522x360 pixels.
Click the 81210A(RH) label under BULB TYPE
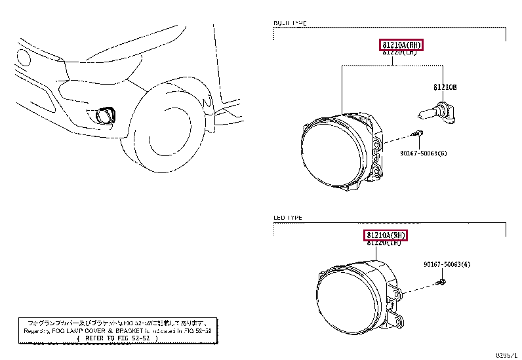[x=401, y=45]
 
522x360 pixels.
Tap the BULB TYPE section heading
[x=289, y=23]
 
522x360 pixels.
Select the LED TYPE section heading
[x=288, y=217]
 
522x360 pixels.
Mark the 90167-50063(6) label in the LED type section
[x=447, y=265]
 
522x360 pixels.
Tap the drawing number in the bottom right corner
[x=507, y=355]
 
